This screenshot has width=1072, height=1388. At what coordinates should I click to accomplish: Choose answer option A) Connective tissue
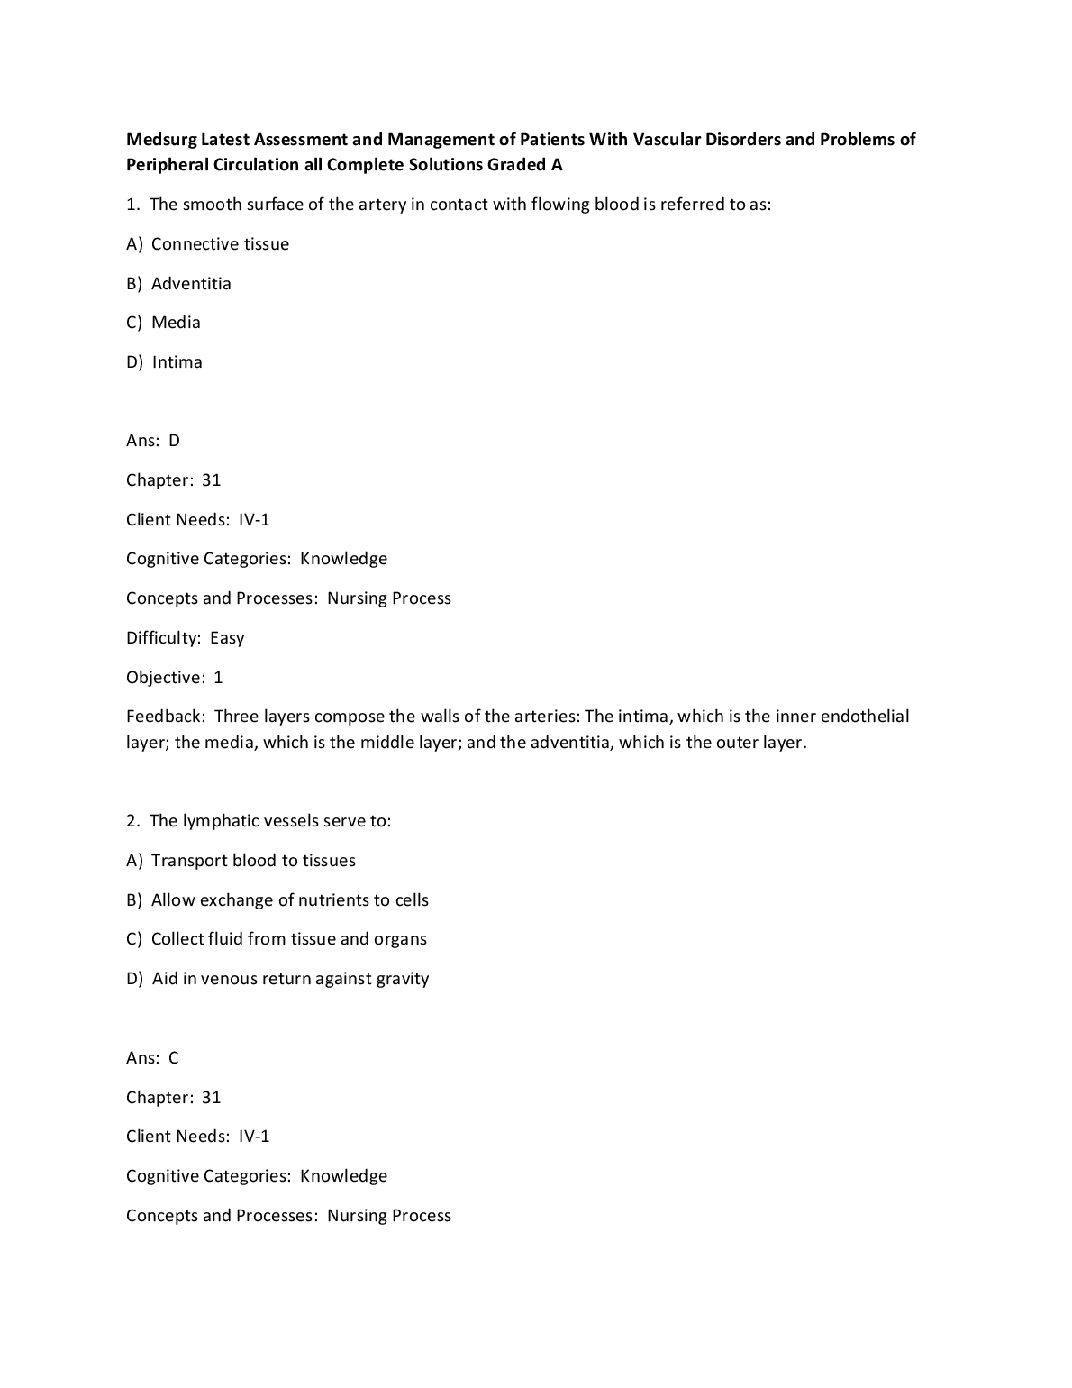point(208,244)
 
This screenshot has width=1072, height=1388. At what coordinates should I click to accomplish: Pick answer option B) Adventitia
point(178,284)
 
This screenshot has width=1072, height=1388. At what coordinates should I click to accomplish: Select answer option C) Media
point(164,323)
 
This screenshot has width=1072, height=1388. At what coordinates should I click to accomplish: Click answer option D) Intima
point(165,362)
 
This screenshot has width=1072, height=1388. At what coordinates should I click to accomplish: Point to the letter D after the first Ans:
point(175,441)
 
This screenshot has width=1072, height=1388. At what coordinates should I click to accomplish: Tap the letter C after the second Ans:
point(174,1058)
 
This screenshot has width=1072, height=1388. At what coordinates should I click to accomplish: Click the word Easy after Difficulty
point(227,638)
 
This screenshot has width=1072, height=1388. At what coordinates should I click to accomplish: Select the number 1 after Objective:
point(218,678)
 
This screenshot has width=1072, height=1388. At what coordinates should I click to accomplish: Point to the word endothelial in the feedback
point(865,717)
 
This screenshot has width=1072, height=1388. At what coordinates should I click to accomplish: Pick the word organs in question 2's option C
point(400,939)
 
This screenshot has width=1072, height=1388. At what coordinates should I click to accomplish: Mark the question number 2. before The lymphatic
point(133,821)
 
